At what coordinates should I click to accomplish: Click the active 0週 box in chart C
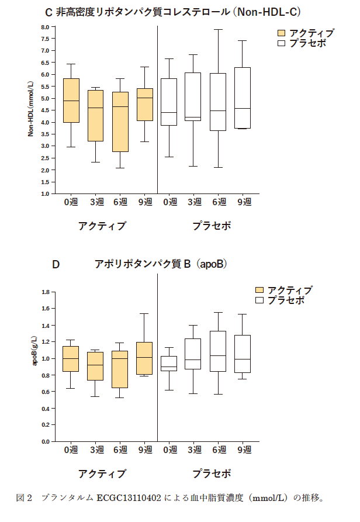[71, 101]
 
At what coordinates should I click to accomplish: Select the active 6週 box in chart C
[120, 122]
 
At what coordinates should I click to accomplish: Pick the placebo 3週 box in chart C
[192, 96]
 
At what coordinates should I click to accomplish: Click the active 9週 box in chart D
[145, 358]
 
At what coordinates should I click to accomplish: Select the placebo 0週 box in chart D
[169, 363]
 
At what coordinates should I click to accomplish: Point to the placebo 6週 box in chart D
[217, 351]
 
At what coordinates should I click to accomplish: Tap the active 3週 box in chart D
[95, 366]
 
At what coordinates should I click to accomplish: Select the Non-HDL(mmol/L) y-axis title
[32, 109]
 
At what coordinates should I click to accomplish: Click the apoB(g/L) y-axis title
[34, 351]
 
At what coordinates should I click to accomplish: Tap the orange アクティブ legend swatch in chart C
[281, 33]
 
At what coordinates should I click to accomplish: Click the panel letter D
[56, 264]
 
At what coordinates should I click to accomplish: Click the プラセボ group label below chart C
[212, 225]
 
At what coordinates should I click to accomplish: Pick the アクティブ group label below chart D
[102, 473]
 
